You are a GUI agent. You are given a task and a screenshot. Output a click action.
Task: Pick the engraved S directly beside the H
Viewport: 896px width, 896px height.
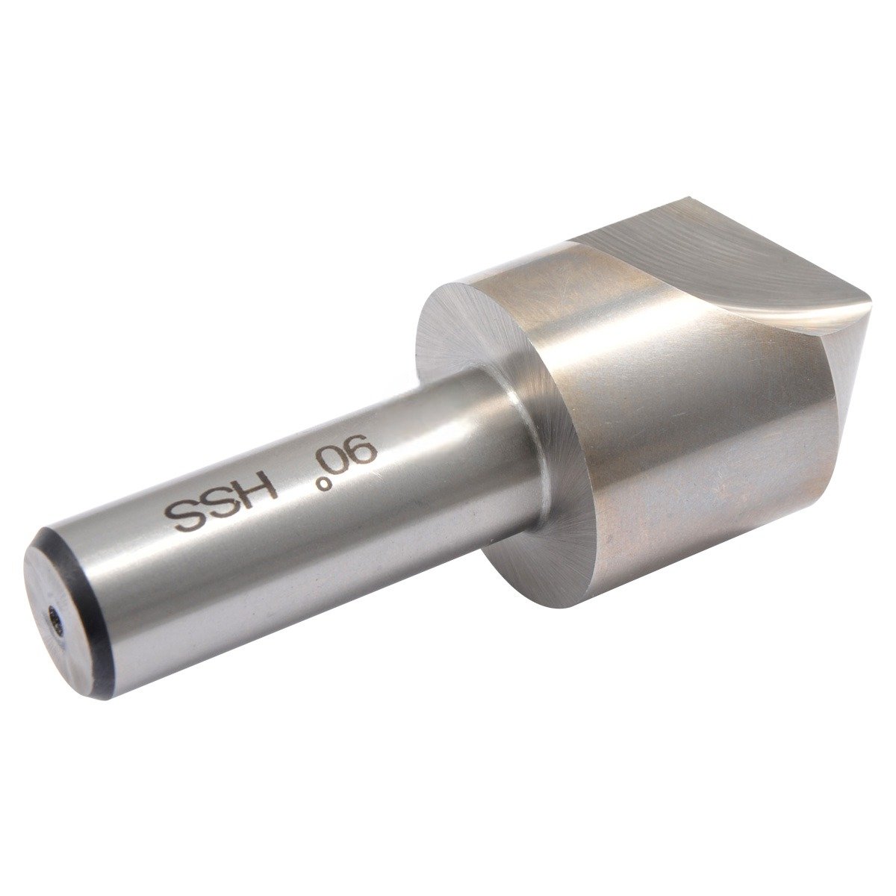pos(222,505)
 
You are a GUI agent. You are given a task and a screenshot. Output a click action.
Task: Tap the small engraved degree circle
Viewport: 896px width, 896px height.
pos(323,485)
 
